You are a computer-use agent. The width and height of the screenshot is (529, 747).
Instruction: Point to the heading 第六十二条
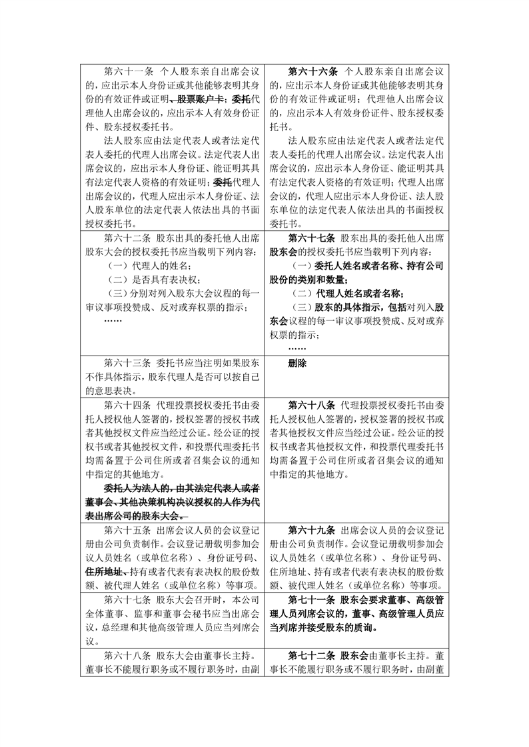(x=129, y=238)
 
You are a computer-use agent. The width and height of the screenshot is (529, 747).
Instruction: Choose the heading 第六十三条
(x=129, y=364)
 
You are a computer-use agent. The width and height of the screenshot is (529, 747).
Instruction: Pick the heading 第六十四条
(x=129, y=405)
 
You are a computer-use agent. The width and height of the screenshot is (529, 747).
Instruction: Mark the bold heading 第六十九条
(x=313, y=531)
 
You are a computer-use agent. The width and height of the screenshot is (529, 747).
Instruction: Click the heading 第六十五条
(x=129, y=531)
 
